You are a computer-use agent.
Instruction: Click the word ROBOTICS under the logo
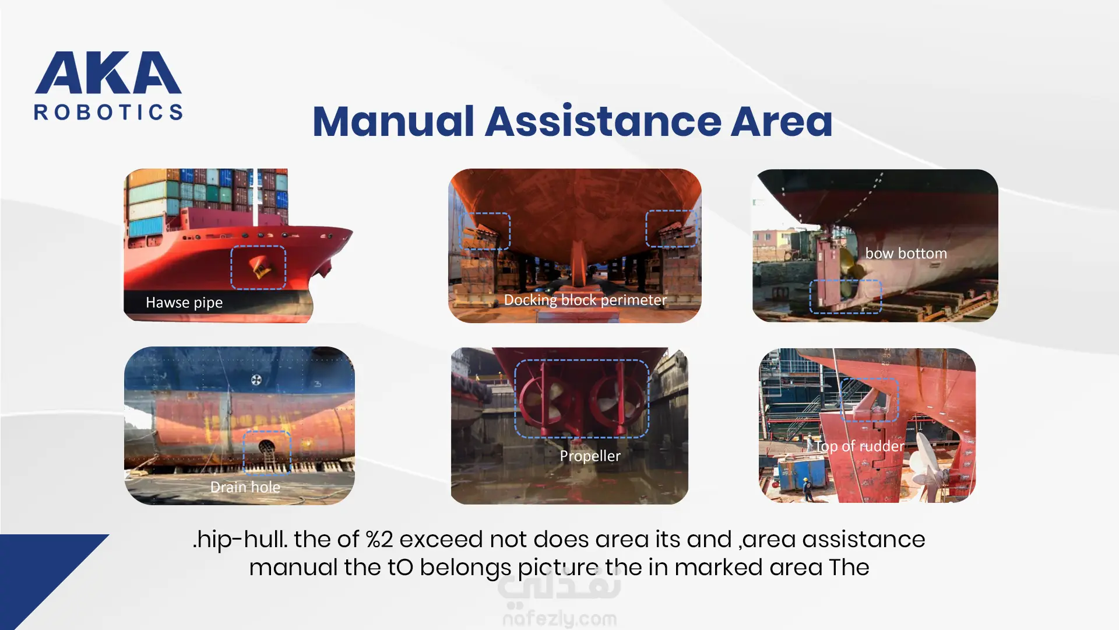tap(108, 112)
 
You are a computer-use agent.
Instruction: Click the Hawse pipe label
tap(184, 303)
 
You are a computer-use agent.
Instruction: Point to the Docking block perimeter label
tap(585, 300)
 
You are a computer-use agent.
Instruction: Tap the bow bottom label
tap(906, 253)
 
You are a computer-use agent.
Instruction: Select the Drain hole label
tap(245, 487)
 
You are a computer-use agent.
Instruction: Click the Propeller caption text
tap(590, 456)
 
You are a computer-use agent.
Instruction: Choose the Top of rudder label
tap(860, 446)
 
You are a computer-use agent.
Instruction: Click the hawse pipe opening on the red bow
tap(259, 267)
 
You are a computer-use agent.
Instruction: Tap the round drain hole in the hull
tap(266, 448)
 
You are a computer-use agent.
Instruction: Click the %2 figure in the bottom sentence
tap(379, 539)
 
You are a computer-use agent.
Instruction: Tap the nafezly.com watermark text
tap(559, 618)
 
